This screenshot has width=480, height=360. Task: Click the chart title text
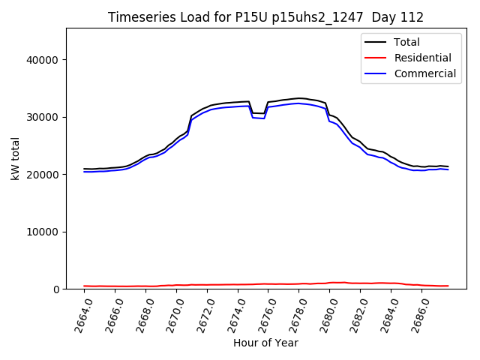pyautogui.click(x=265, y=17)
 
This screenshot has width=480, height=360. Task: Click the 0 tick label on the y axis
pyautogui.click(x=56, y=289)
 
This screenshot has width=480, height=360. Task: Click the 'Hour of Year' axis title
pyautogui.click(x=265, y=343)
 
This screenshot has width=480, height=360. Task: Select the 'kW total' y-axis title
pyautogui.click(x=15, y=159)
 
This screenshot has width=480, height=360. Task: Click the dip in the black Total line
pyautogui.click(x=258, y=113)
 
